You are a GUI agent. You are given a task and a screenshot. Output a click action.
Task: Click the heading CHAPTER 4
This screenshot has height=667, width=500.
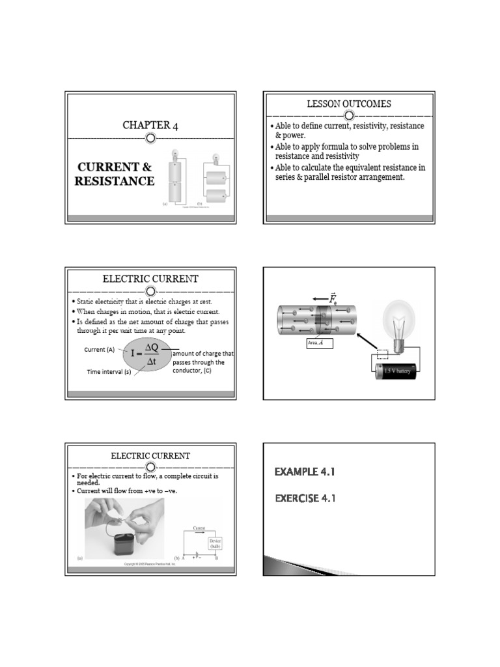pyautogui.click(x=150, y=126)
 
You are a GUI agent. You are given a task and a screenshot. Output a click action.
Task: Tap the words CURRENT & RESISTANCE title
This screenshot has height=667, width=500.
pyautogui.click(x=115, y=174)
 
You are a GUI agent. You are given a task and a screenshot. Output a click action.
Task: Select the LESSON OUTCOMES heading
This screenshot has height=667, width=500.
pyautogui.click(x=349, y=104)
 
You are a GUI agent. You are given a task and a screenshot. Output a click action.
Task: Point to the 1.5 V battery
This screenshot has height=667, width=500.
pyautogui.click(x=398, y=371)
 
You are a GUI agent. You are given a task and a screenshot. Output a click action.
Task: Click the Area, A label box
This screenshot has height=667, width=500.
pyautogui.click(x=319, y=343)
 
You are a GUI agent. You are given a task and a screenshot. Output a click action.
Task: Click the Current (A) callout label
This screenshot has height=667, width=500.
pyautogui.click(x=100, y=349)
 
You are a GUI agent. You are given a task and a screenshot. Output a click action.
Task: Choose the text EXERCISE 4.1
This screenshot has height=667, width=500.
pyautogui.click(x=305, y=498)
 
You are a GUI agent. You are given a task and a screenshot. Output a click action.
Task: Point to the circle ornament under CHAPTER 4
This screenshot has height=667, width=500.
pyautogui.click(x=150, y=139)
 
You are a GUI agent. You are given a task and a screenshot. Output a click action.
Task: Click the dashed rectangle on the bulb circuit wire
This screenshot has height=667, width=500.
pyautogui.click(x=382, y=355)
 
